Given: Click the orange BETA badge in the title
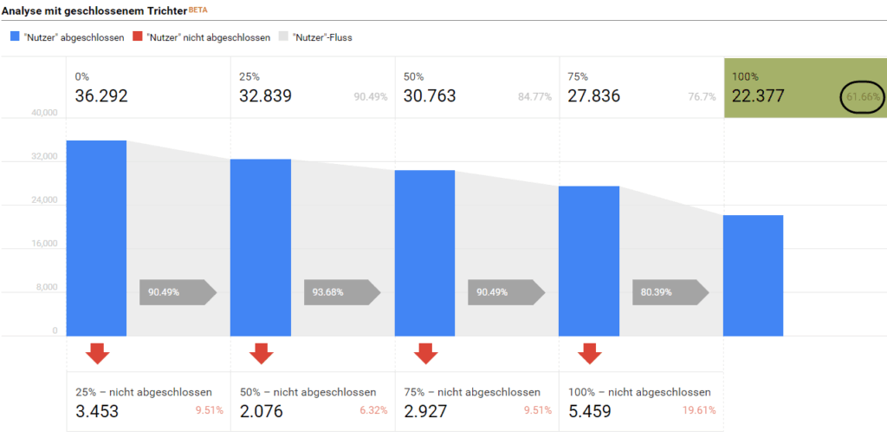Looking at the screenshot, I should (197, 9).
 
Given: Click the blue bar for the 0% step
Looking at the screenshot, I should (96, 239).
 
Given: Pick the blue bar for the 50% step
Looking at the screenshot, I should (424, 252).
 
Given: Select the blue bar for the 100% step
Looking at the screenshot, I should (753, 275).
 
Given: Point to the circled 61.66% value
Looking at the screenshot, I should (864, 97).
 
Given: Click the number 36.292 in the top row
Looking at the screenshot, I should (101, 96).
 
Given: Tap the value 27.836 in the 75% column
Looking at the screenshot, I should (594, 96).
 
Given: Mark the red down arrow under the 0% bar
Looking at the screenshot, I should (97, 353).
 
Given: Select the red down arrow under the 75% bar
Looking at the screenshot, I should (590, 353).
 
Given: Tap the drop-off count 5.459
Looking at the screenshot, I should (591, 411).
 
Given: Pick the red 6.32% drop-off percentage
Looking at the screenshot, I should (373, 410).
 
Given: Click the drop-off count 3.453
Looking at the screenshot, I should (97, 411).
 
